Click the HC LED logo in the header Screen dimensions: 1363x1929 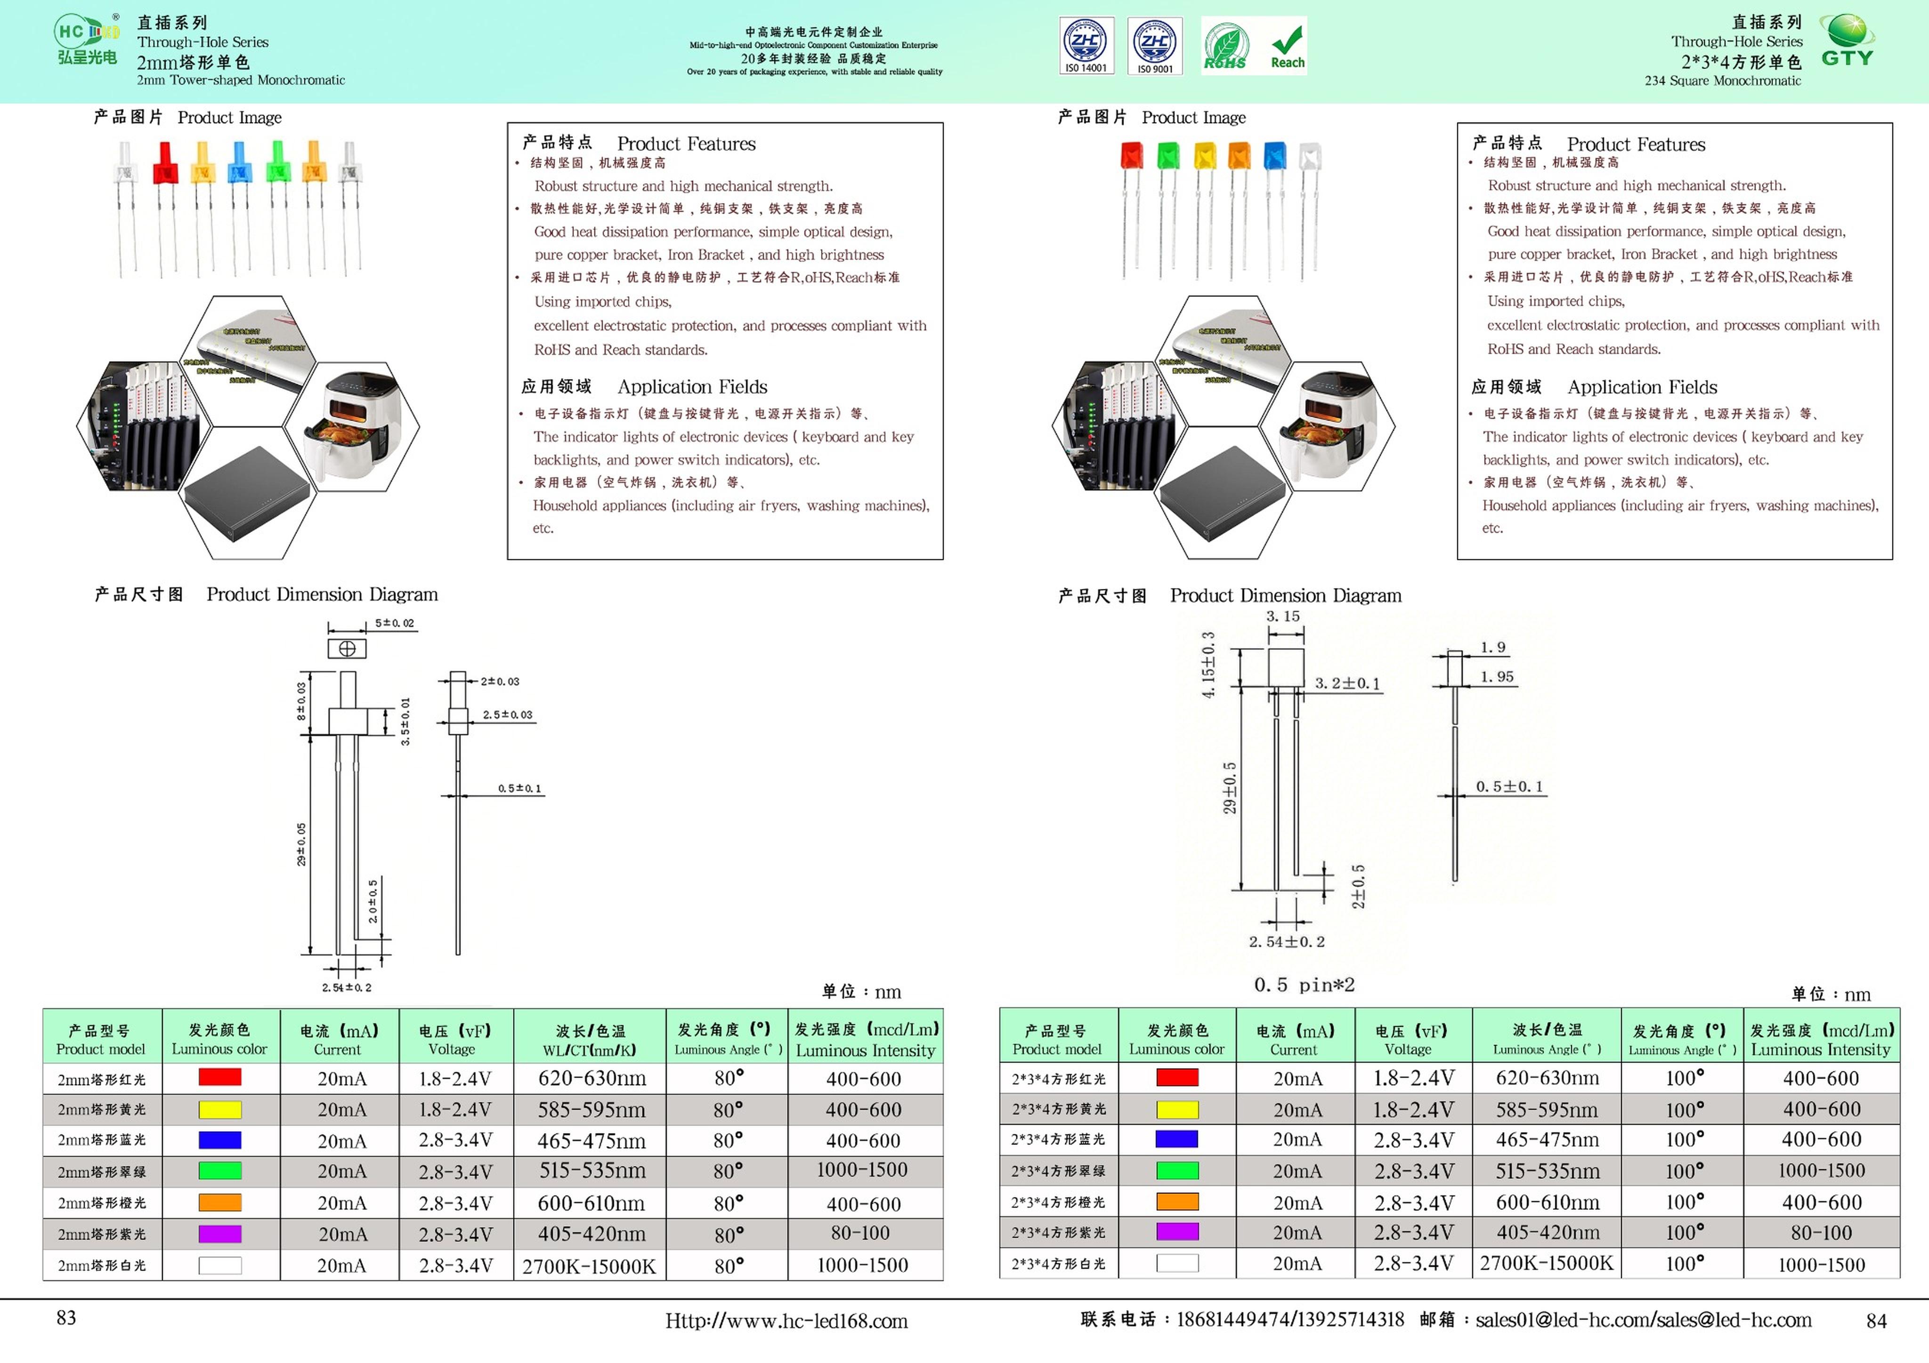87,40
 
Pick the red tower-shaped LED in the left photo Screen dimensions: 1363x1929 165,164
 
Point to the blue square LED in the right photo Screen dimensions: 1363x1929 1274,155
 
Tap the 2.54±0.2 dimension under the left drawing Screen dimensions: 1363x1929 346,987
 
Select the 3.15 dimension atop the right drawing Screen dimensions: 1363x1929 1283,617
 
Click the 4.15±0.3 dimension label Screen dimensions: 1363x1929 1208,665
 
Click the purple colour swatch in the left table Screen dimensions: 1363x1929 219,1234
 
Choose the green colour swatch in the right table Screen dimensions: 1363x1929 1177,1171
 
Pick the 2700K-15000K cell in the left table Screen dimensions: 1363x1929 589,1266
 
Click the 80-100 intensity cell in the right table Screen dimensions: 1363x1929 1821,1233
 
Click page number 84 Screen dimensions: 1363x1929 1876,1321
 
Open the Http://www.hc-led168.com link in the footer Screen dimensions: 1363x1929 786,1321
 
